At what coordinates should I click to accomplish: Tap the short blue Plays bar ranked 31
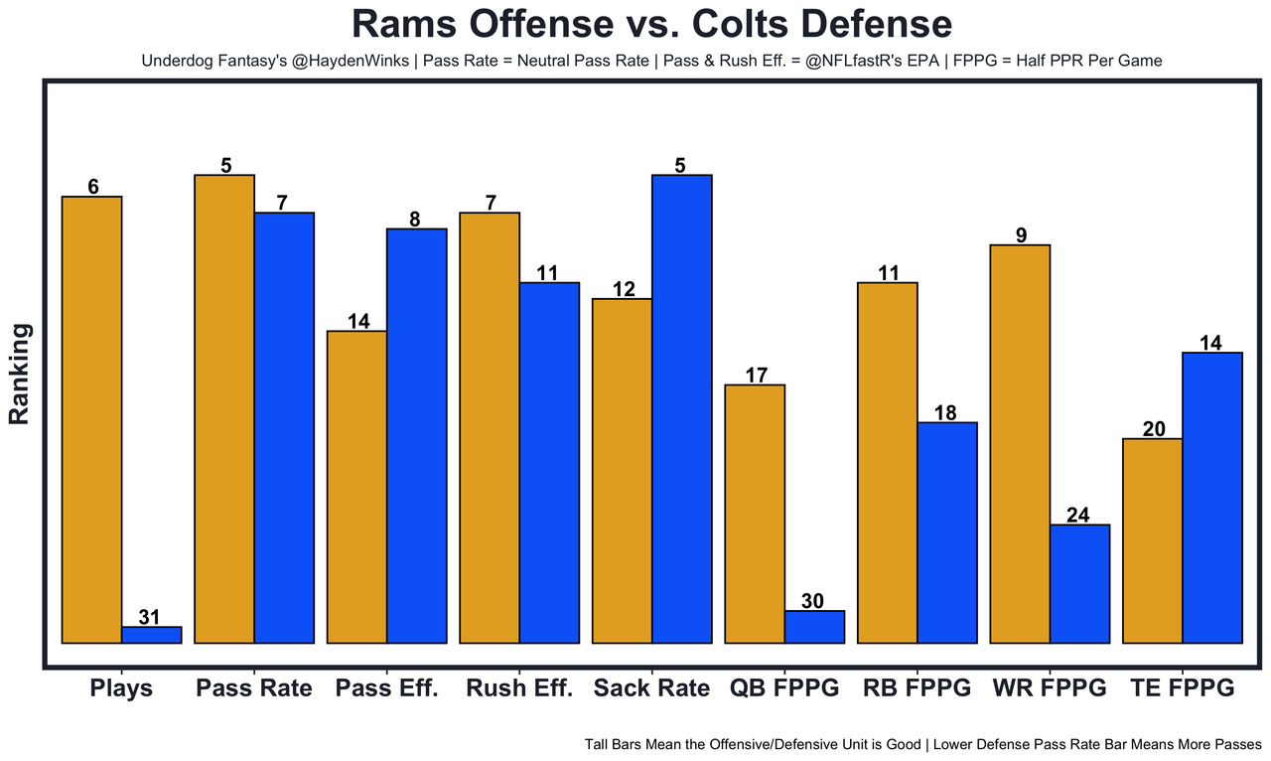click(151, 635)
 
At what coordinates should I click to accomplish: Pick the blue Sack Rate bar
click(681, 408)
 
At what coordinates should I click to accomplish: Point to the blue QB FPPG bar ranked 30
click(814, 627)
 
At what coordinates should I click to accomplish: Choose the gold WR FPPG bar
click(1020, 443)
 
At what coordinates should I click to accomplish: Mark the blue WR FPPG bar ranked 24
click(1079, 583)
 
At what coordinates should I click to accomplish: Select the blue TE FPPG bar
click(1212, 497)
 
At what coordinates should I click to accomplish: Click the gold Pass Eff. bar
click(356, 487)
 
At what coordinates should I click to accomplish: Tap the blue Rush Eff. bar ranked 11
click(549, 462)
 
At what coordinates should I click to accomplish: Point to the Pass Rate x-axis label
click(254, 688)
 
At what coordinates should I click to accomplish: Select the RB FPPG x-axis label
click(917, 688)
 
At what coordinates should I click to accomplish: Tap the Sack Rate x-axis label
click(651, 688)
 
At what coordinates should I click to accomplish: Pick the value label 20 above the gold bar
click(1153, 429)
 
